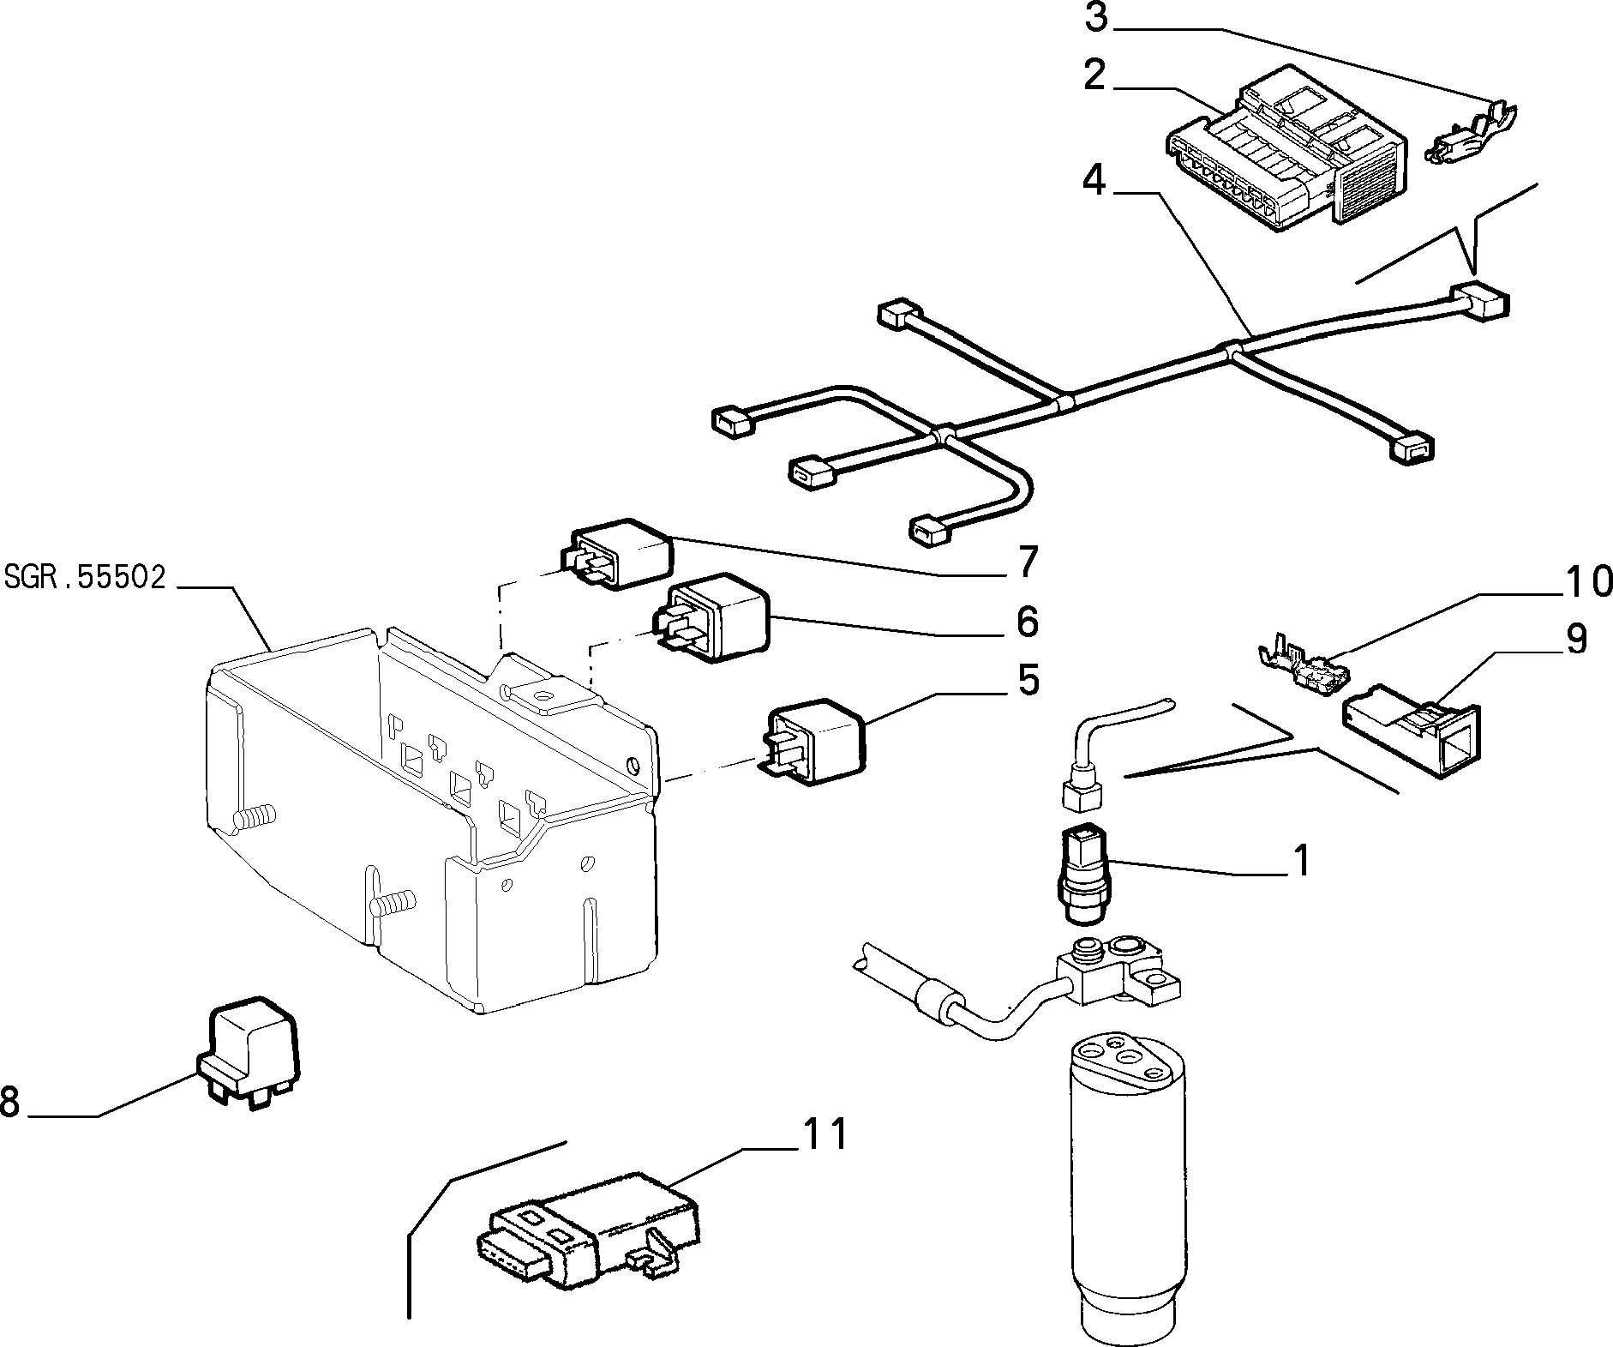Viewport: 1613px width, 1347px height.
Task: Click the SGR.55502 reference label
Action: [84, 577]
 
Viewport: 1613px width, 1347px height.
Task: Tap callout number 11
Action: [824, 1134]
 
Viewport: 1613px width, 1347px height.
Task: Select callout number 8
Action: [10, 1101]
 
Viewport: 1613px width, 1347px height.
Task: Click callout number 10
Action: [1588, 582]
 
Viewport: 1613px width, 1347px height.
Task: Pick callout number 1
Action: [1301, 860]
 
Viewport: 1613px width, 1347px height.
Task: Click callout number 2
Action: [1094, 75]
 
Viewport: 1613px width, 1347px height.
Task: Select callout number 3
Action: [1096, 17]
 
